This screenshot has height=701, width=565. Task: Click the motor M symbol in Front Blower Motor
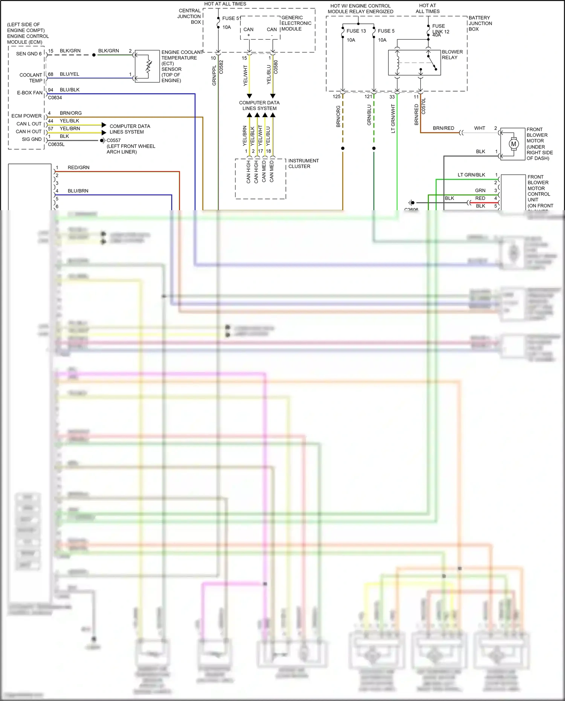coord(513,144)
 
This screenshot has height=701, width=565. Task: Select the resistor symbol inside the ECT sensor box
coord(148,66)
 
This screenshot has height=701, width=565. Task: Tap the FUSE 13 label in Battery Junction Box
coord(356,31)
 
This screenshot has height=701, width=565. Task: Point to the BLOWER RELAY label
coord(452,55)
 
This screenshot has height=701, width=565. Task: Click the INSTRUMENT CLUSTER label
coord(303,163)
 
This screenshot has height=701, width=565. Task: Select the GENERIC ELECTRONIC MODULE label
coord(296,23)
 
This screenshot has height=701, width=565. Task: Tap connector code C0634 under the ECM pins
coord(55,98)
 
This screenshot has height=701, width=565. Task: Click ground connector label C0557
coord(114,140)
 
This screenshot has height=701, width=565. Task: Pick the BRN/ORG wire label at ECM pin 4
coord(70,113)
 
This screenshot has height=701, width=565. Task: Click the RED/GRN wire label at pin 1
coord(78,168)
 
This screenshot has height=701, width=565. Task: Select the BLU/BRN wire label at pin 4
coord(78,191)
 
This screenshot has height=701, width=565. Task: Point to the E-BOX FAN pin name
coord(30,93)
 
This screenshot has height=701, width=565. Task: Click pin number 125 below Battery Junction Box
coord(336,96)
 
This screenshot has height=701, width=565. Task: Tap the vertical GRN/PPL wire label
coord(214,75)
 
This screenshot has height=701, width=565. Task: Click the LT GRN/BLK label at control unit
coord(471,175)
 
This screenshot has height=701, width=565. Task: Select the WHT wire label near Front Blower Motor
coord(479,128)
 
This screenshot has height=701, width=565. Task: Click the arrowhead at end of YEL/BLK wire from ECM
coord(104,125)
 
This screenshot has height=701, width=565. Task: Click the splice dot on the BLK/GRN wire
coord(94,55)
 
